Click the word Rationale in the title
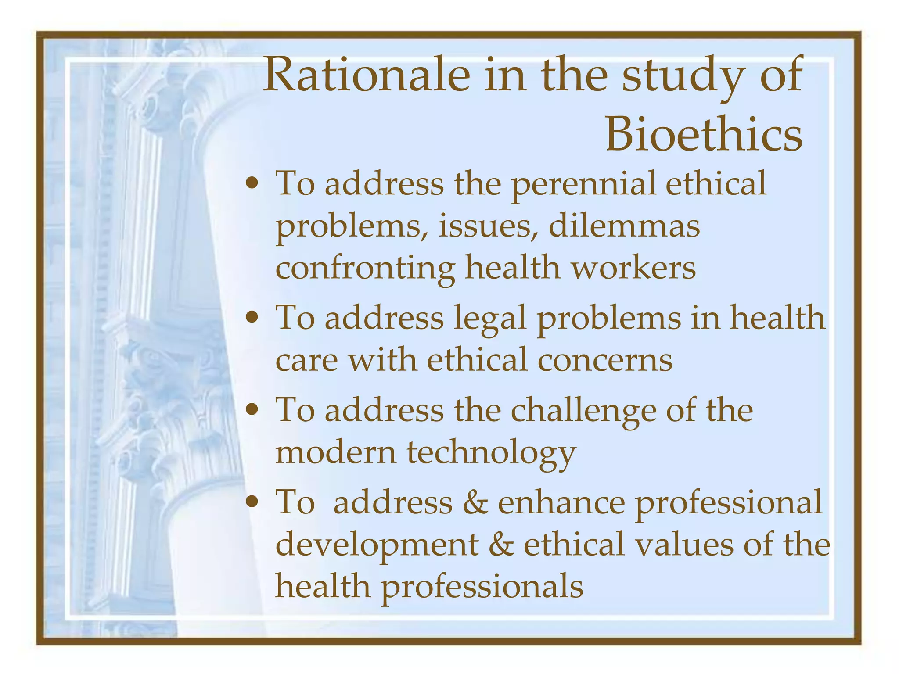pyautogui.click(x=367, y=75)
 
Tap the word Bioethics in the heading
pyautogui.click(x=704, y=134)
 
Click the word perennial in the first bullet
pyautogui.click(x=584, y=184)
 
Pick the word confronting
pyautogui.click(x=365, y=269)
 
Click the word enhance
pyautogui.click(x=561, y=502)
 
